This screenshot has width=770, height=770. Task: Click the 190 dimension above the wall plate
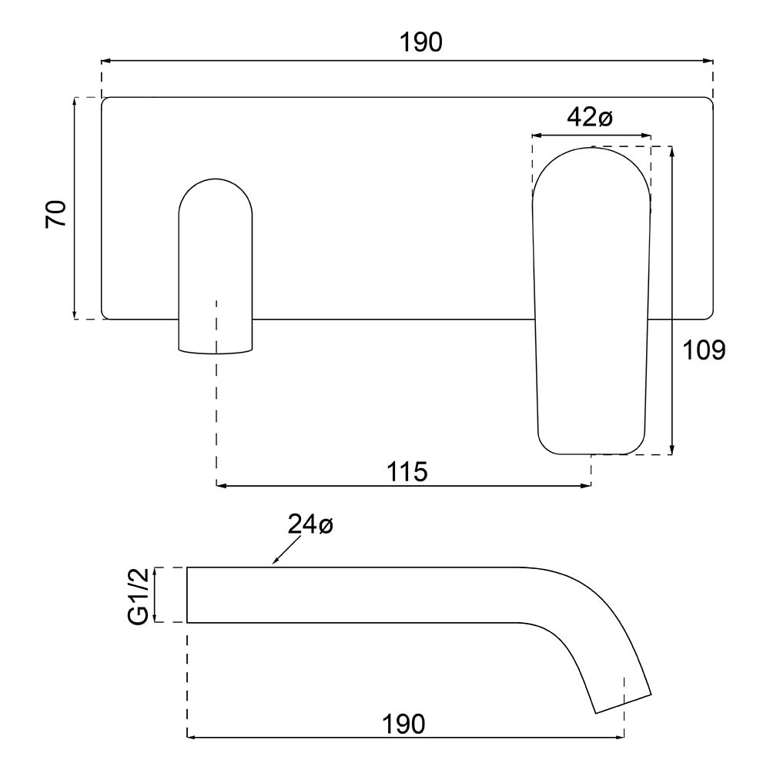[x=420, y=43]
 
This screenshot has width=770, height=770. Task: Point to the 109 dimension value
[x=704, y=350]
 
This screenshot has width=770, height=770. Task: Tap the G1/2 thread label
[x=138, y=594]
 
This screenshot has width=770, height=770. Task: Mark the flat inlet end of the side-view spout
[x=188, y=594]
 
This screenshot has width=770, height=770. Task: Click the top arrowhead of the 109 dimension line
[x=673, y=151]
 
